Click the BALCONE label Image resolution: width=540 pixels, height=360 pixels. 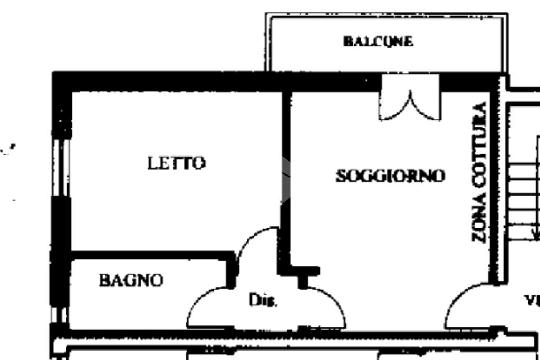point(378,42)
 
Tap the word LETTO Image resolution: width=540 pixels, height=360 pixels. point(176,163)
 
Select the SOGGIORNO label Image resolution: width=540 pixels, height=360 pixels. point(390,176)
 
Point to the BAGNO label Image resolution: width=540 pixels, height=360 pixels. point(131,280)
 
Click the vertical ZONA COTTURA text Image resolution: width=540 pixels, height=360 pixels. point(479,172)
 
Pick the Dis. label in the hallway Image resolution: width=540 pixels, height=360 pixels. point(263,300)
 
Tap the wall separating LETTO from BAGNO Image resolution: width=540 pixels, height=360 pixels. point(150,256)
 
